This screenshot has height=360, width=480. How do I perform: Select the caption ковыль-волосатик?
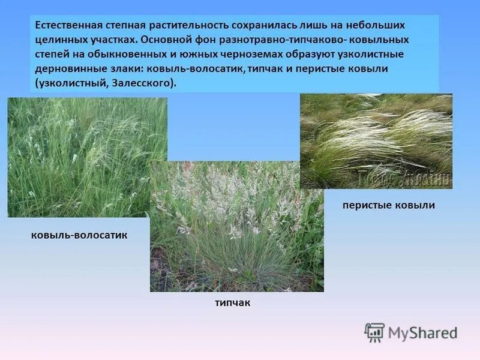click(x=79, y=235)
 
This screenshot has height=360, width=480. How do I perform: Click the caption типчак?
click(x=232, y=303)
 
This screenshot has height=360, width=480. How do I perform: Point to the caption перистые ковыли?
click(x=388, y=205)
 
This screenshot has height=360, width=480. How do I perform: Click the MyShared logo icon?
click(x=374, y=332)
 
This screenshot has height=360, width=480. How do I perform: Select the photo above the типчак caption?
click(x=236, y=227)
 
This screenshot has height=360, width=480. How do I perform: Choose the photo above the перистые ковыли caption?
click(x=376, y=141)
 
